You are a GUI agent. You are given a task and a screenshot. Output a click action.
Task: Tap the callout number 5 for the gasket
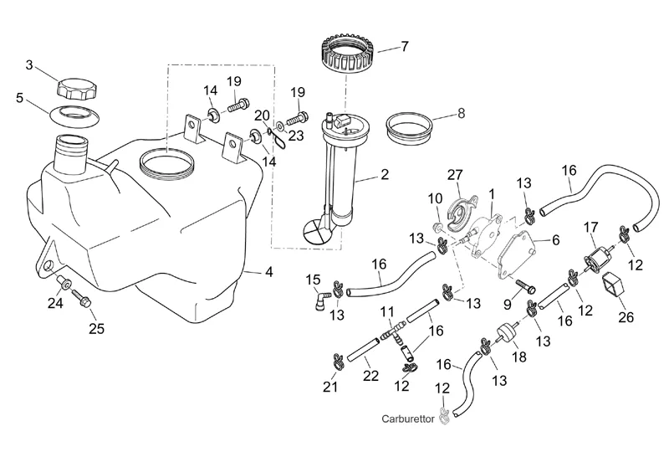click(19, 97)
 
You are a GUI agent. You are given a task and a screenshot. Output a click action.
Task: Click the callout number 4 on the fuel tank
click(268, 271)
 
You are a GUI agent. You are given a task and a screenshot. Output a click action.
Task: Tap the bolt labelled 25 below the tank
click(83, 297)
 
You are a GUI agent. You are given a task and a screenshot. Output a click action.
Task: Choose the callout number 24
click(55, 303)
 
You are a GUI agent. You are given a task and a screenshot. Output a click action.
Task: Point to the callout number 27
click(455, 175)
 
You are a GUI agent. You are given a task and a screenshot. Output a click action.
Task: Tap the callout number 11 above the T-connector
click(386, 312)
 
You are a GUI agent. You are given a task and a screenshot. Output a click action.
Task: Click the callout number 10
click(435, 198)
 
